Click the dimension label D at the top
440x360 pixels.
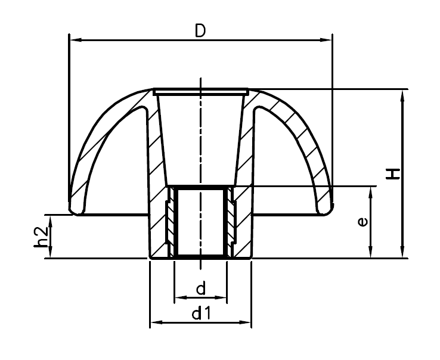[x=200, y=31]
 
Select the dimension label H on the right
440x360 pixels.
[x=393, y=173]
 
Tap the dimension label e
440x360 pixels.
[x=362, y=222]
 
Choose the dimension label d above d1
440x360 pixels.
[x=200, y=289]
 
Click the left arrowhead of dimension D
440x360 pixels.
[x=74, y=40]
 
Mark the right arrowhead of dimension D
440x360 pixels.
[x=326, y=40]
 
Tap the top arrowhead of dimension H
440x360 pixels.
[x=404, y=94]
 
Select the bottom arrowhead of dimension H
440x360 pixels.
[x=404, y=253]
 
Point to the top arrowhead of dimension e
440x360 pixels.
[x=372, y=191]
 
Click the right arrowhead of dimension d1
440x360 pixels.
[x=247, y=323]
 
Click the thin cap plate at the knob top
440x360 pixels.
[x=200, y=92]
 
